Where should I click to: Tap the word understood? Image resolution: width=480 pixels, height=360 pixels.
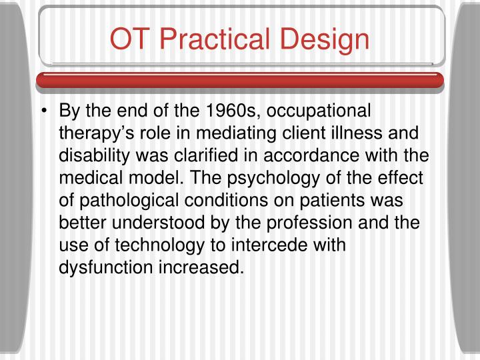click(157, 223)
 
